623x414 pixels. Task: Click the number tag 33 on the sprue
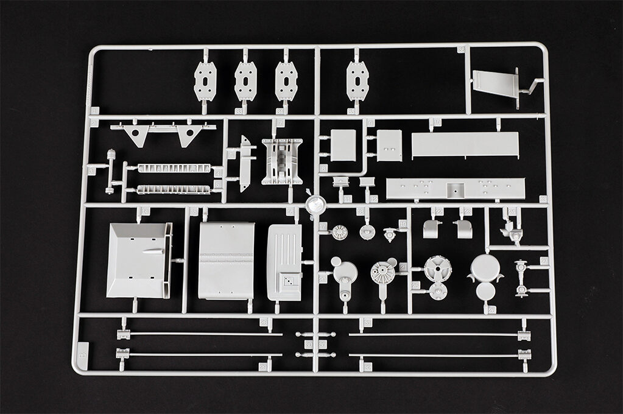[239, 111]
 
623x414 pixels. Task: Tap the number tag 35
[351, 111]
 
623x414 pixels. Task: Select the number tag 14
[145, 211]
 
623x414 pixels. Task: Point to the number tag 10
[437, 122]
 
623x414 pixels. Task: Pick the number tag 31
[367, 322]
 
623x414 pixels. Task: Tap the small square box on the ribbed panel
[285, 279]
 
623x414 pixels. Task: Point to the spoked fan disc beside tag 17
[339, 231]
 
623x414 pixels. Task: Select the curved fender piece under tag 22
[432, 229]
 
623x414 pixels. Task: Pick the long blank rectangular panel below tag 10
[465, 145]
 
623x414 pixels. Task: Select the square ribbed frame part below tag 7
[282, 161]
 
